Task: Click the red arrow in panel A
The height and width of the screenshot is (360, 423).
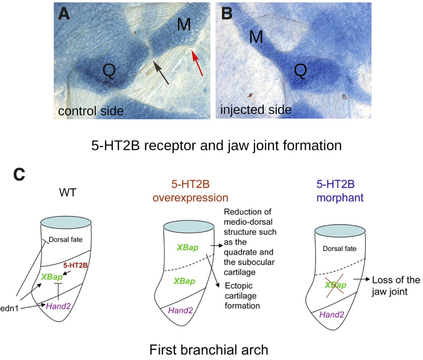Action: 197,63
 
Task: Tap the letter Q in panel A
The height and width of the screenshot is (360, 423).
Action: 109,71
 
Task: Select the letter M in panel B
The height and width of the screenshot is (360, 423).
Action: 256,37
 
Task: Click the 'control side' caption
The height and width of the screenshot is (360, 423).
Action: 91,111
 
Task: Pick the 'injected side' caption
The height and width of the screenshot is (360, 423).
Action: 256,110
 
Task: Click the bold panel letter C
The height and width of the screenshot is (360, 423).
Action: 19,175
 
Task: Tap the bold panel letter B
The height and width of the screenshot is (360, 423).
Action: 227,14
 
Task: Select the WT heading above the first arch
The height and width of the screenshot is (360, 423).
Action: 68,192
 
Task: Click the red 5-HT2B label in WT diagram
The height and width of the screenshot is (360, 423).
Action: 75,265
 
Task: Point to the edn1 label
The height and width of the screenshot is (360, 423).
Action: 9,308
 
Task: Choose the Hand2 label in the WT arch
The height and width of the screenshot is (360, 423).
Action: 58,306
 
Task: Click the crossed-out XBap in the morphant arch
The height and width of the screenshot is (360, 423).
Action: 335,285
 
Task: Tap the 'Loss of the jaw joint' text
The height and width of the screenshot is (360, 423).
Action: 395,286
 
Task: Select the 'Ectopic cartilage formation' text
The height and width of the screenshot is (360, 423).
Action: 242,296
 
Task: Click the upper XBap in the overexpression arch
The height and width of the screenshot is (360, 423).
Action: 187,247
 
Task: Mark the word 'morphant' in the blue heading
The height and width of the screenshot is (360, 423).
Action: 340,198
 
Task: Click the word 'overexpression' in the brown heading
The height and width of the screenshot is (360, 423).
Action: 190,198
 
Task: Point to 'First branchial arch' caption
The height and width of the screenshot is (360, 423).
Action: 209,350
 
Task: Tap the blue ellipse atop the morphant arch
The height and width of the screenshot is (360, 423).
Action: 340,231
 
